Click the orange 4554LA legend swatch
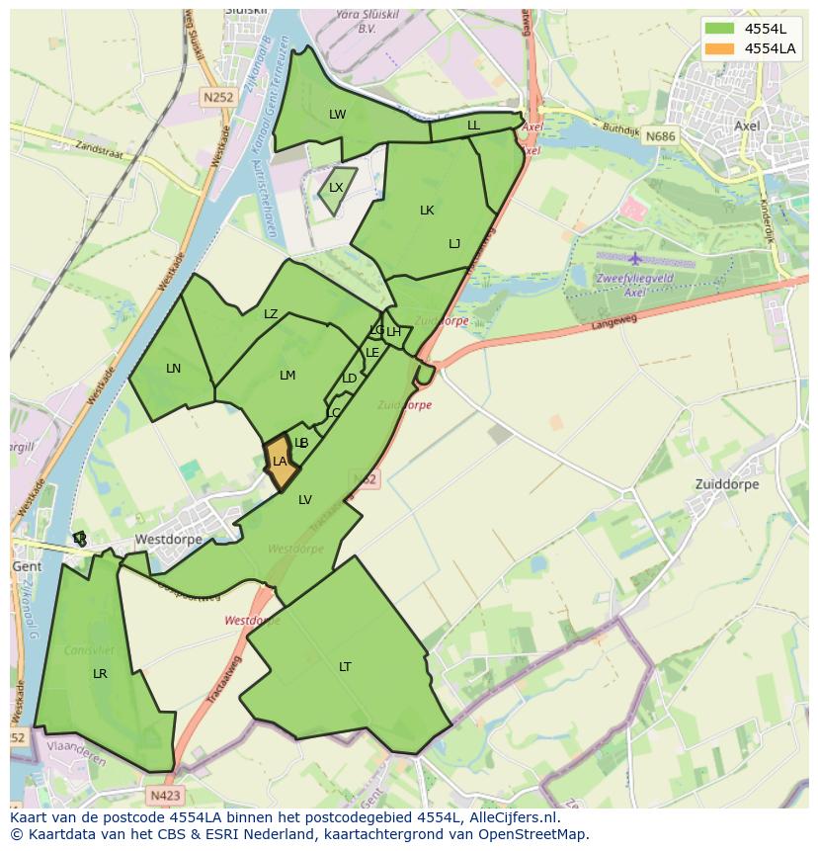pos(719,48)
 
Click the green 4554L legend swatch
pos(719,29)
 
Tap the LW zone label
pos(338,115)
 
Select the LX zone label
pos(336,188)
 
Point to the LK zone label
pos(427,211)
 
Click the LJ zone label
pos(454,244)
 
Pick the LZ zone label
pos(271,314)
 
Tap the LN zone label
pos(174,369)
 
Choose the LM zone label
pos(287,376)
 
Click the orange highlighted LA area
pos(280,462)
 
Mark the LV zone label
pos(305,500)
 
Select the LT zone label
pos(345,667)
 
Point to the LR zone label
pos(100,674)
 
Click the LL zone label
pos(473,126)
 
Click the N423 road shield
pos(166,795)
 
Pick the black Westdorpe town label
pos(168,540)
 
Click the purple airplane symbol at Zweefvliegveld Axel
pos(634,259)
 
